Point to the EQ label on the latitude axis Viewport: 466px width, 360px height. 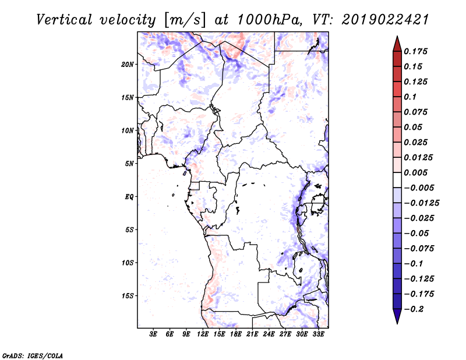pyautogui.click(x=130, y=196)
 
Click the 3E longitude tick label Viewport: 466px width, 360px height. pyautogui.click(x=154, y=334)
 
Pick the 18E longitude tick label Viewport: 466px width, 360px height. pyautogui.click(x=236, y=334)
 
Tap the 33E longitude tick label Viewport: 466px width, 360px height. pyautogui.click(x=318, y=334)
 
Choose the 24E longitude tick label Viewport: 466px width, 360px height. pyautogui.click(x=269, y=334)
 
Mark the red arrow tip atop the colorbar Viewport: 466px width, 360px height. pyautogui.click(x=397, y=39)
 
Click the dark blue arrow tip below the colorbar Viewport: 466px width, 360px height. pyautogui.click(x=397, y=320)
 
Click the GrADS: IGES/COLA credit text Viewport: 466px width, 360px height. pyautogui.click(x=33, y=355)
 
